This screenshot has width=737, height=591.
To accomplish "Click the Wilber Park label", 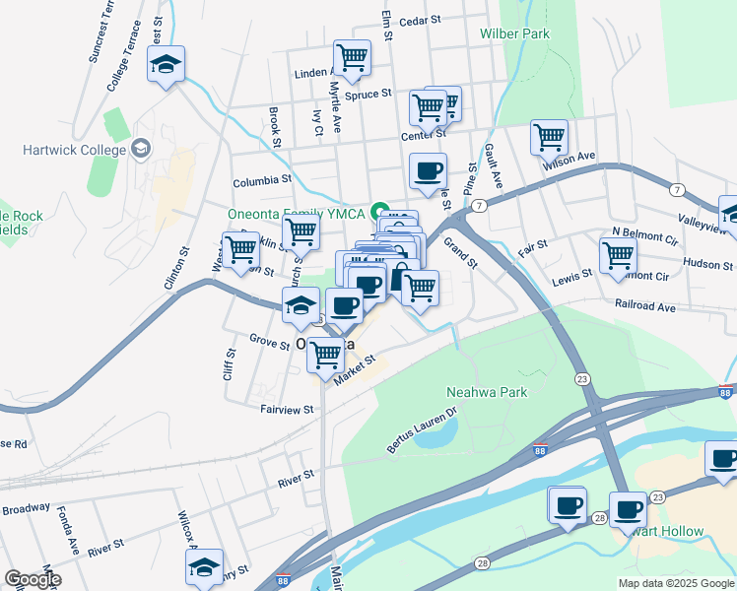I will (x=514, y=33).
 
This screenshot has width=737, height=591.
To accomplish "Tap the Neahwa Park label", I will (x=487, y=392).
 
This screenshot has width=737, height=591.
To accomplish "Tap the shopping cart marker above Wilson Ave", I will (x=549, y=137).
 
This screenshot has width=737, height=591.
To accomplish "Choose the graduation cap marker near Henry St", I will (x=204, y=567).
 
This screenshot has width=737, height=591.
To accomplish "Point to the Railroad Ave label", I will (x=644, y=307).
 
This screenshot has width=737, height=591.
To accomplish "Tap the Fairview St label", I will (x=286, y=409).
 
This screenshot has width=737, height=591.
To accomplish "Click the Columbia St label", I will (x=262, y=182).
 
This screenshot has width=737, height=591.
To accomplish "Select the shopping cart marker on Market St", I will (x=325, y=355).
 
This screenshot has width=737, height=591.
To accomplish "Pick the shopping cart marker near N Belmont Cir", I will (x=617, y=253).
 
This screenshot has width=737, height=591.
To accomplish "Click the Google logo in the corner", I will (x=33, y=579).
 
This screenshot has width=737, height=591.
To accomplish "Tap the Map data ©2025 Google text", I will (x=676, y=583).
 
